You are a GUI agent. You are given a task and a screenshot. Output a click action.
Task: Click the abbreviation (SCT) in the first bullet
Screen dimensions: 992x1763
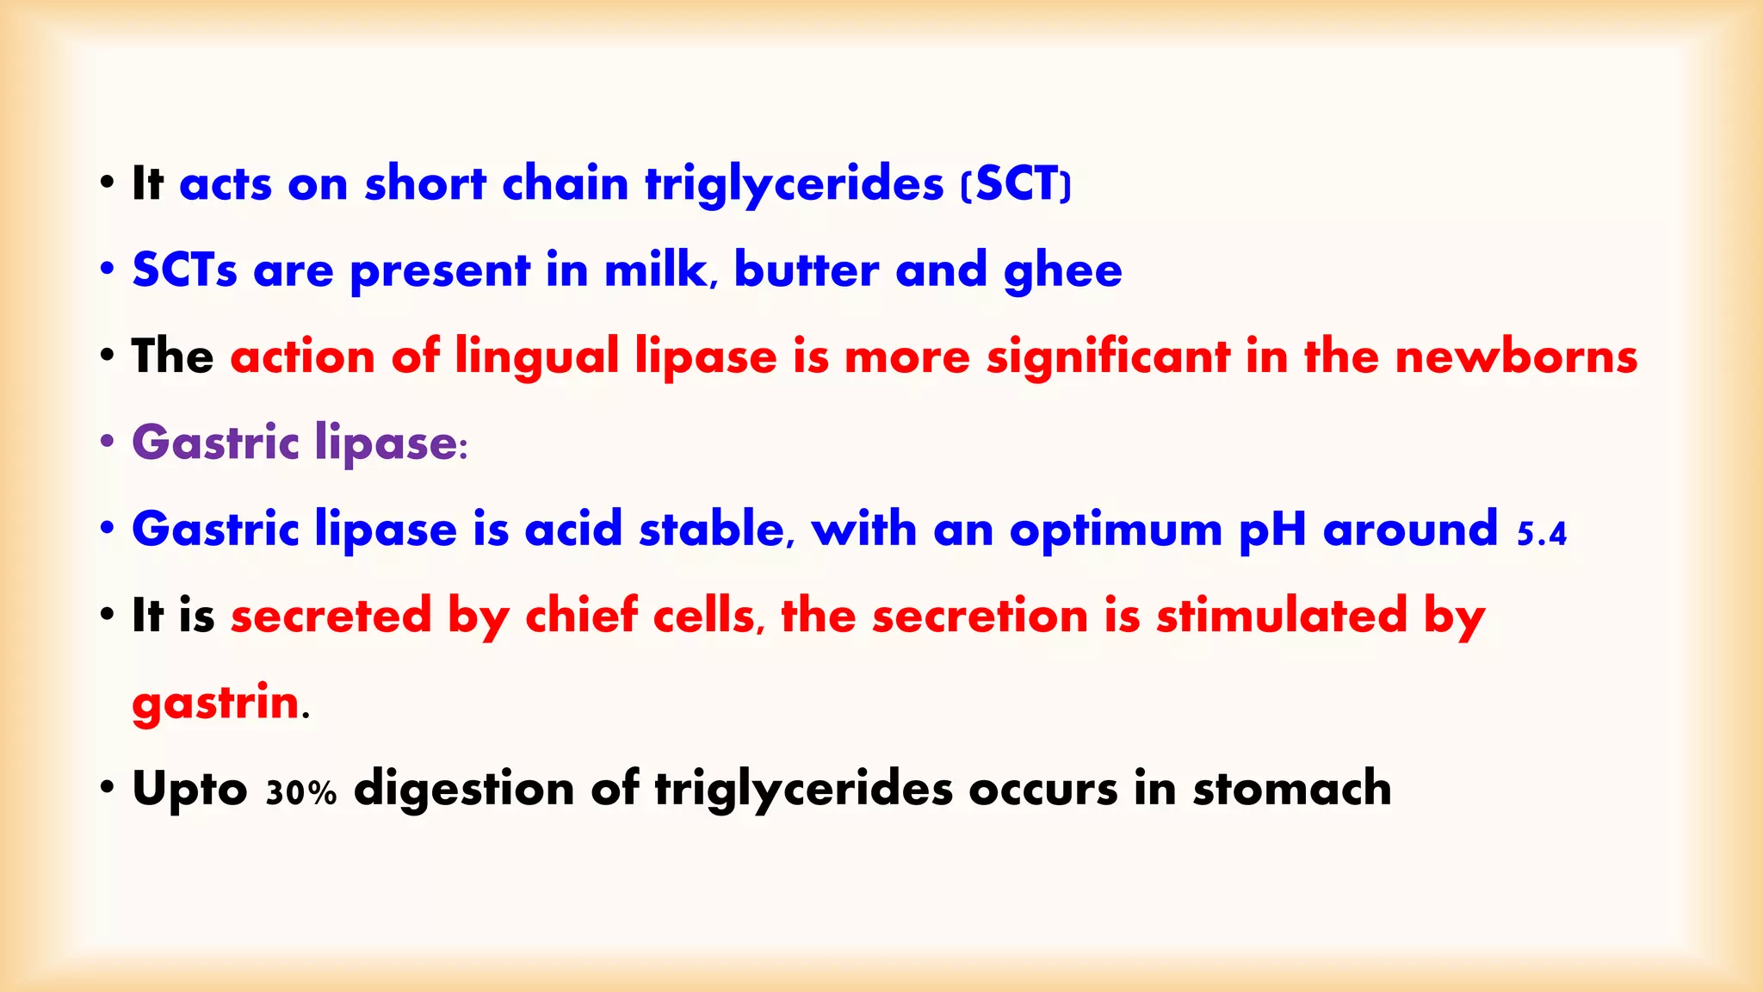(1016, 184)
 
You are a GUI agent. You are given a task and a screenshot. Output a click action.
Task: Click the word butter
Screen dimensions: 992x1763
(807, 270)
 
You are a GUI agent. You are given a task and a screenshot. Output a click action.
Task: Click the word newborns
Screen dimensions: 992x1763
(1516, 356)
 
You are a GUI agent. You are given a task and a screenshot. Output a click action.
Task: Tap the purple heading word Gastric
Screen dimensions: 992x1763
(215, 443)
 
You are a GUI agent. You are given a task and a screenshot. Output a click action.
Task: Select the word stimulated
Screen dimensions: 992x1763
(1282, 616)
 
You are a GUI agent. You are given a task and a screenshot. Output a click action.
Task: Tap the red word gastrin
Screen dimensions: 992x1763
(215, 704)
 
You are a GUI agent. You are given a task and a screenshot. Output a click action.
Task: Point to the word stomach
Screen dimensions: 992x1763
(1291, 789)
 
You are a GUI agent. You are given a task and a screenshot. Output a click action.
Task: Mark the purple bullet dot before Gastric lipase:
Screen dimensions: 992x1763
(107, 442)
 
